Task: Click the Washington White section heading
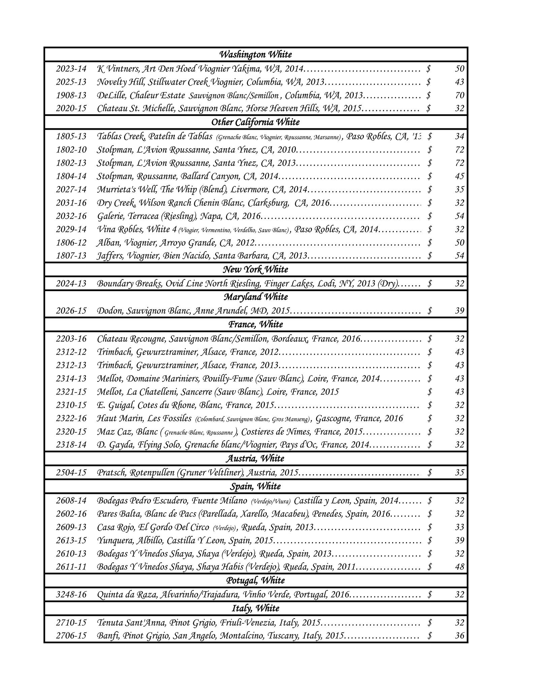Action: [256, 54]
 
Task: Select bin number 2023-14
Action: [71, 69]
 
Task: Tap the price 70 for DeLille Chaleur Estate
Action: [460, 95]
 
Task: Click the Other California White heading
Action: [256, 122]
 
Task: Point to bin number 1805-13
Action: [71, 136]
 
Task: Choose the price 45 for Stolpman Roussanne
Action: [460, 176]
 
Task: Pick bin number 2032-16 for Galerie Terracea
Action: [71, 216]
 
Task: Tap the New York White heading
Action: [256, 270]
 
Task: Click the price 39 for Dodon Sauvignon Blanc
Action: [460, 311]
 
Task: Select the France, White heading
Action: [256, 324]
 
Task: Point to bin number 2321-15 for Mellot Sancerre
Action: [71, 392]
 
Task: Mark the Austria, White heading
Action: [256, 459]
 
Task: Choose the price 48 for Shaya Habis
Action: [460, 567]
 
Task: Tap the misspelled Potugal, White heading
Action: [256, 580]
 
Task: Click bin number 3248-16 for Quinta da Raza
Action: [71, 594]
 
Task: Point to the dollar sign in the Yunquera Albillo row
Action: [430, 540]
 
